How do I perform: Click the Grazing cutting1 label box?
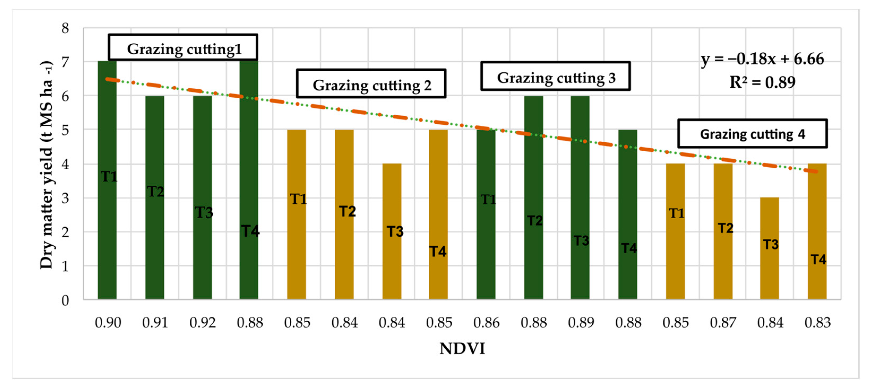click(183, 47)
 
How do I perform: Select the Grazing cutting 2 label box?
click(371, 84)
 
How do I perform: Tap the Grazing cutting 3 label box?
click(556, 76)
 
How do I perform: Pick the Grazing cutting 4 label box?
click(752, 134)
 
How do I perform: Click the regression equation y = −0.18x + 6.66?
click(762, 59)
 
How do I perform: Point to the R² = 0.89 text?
click(762, 82)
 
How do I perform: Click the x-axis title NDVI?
click(462, 349)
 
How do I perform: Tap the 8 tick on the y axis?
click(65, 28)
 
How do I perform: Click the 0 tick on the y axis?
click(65, 300)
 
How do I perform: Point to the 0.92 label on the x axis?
click(203, 323)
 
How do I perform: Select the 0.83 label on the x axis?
click(817, 323)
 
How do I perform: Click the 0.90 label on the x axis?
click(108, 323)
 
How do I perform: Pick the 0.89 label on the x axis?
click(581, 323)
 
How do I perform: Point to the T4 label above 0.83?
click(818, 259)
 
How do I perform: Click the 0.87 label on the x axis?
click(723, 323)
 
